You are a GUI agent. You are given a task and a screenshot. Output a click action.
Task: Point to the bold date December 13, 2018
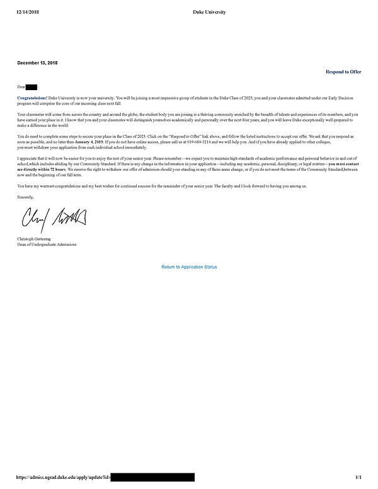[37, 64]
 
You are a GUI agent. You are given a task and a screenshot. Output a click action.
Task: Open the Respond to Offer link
[343, 72]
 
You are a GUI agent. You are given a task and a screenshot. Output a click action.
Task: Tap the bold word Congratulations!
[31, 98]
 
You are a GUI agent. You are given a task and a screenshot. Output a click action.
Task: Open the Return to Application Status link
[189, 267]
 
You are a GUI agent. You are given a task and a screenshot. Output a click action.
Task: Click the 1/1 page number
[358, 478]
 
